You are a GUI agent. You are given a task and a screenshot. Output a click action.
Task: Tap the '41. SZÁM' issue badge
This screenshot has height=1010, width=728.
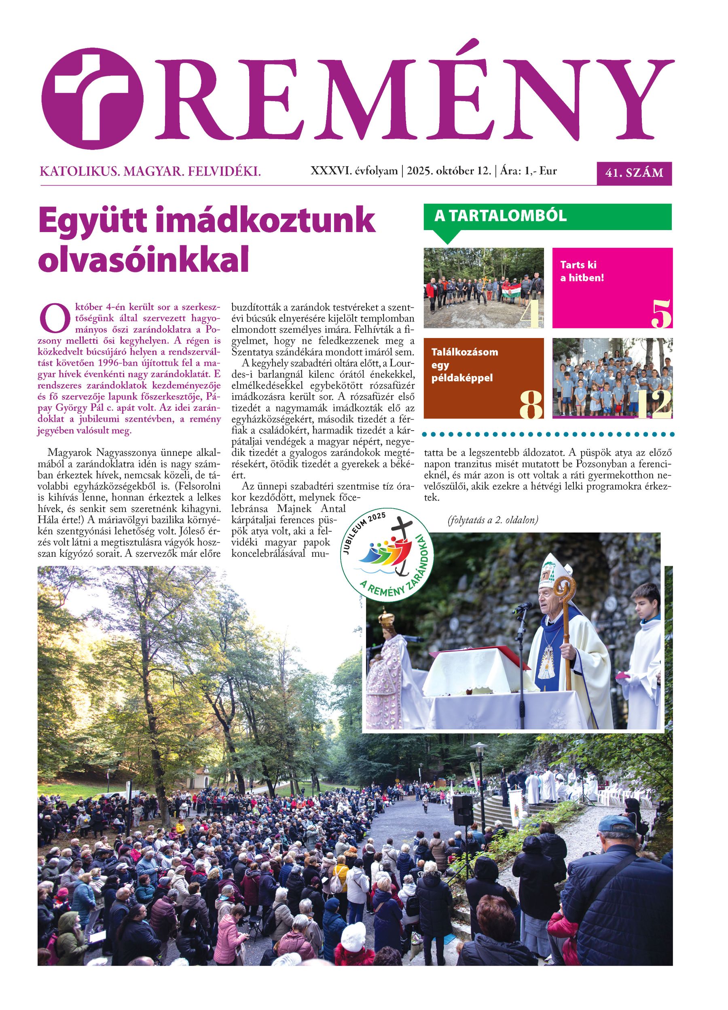pos(633,173)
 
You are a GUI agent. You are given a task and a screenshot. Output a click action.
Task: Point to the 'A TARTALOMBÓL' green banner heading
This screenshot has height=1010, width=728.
pos(500,216)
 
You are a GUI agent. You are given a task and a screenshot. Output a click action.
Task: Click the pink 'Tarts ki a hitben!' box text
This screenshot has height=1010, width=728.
pos(582,271)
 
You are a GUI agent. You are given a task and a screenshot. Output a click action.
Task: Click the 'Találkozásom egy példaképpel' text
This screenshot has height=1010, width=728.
pos(464,365)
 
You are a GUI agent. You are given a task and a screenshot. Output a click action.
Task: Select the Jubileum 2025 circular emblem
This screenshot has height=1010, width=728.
pos(385,552)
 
